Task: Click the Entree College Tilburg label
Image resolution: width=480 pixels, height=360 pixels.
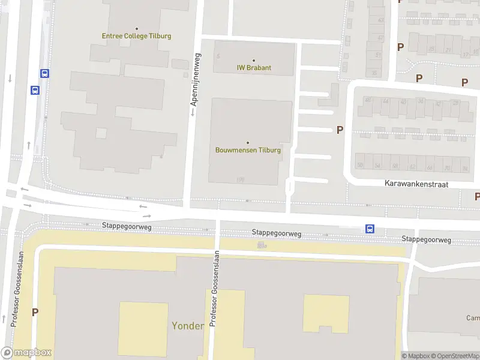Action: pyautogui.click(x=136, y=36)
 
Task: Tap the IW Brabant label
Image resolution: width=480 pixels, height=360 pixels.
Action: pyautogui.click(x=254, y=68)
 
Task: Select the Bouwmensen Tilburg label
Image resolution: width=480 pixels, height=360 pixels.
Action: pyautogui.click(x=248, y=150)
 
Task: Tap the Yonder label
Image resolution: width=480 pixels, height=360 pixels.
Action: pyautogui.click(x=188, y=326)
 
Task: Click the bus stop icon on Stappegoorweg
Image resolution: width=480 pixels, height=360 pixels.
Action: pyautogui.click(x=370, y=229)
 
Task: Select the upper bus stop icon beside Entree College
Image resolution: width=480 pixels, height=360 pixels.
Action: pyautogui.click(x=44, y=73)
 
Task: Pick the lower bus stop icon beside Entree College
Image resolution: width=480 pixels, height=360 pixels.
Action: pyautogui.click(x=35, y=91)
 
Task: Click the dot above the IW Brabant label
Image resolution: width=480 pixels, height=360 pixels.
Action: pyautogui.click(x=254, y=60)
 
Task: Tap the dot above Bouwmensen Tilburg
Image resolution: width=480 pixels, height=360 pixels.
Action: pyautogui.click(x=248, y=142)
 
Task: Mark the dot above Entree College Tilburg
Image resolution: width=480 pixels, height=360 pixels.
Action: pyautogui.click(x=137, y=28)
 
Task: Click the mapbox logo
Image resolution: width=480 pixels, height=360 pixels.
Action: pyautogui.click(x=26, y=353)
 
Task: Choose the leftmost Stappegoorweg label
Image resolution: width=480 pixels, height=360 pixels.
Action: pyautogui.click(x=127, y=227)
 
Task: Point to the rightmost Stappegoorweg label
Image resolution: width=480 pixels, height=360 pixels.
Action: pyautogui.click(x=426, y=239)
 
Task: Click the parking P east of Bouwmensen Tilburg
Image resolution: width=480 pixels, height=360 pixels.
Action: pyautogui.click(x=340, y=130)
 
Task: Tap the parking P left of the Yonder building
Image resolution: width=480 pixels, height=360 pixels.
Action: pyautogui.click(x=35, y=312)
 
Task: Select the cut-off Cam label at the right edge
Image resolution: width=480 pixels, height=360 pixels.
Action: pyautogui.click(x=473, y=317)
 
